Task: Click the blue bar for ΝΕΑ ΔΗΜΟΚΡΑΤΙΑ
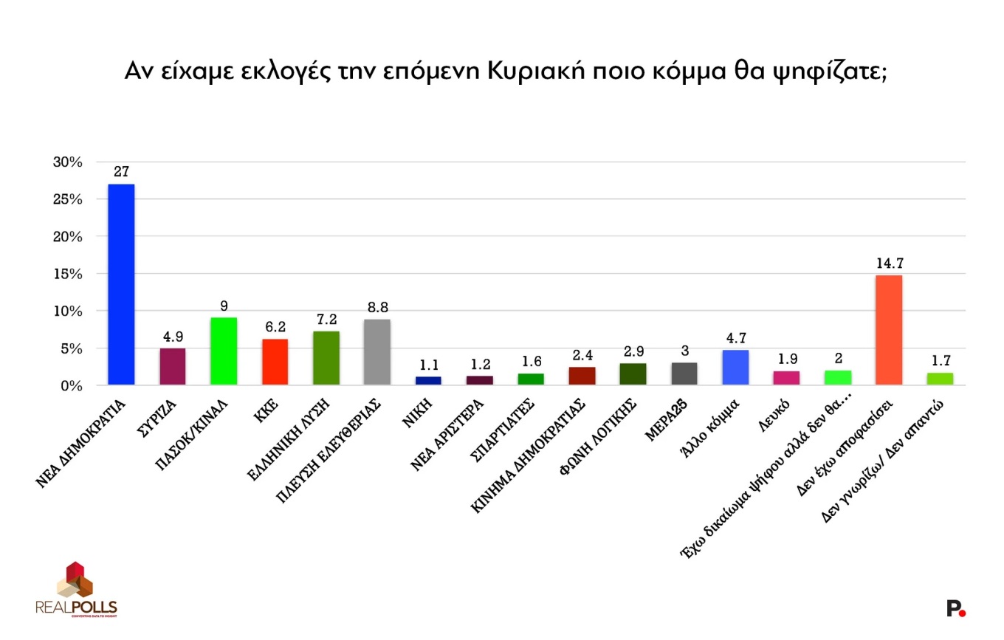121,284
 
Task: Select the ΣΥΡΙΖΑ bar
172,366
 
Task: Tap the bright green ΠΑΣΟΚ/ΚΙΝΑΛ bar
224,351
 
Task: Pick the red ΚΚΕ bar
275,362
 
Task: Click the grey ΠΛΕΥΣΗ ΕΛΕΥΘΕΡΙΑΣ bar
377,352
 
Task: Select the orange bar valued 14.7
889,330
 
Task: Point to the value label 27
121,171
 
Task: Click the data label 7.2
326,319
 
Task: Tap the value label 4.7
735,337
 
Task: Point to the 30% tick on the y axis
67,162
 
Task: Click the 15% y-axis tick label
67,274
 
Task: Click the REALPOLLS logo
76,589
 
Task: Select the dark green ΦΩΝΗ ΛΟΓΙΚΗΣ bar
633,374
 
